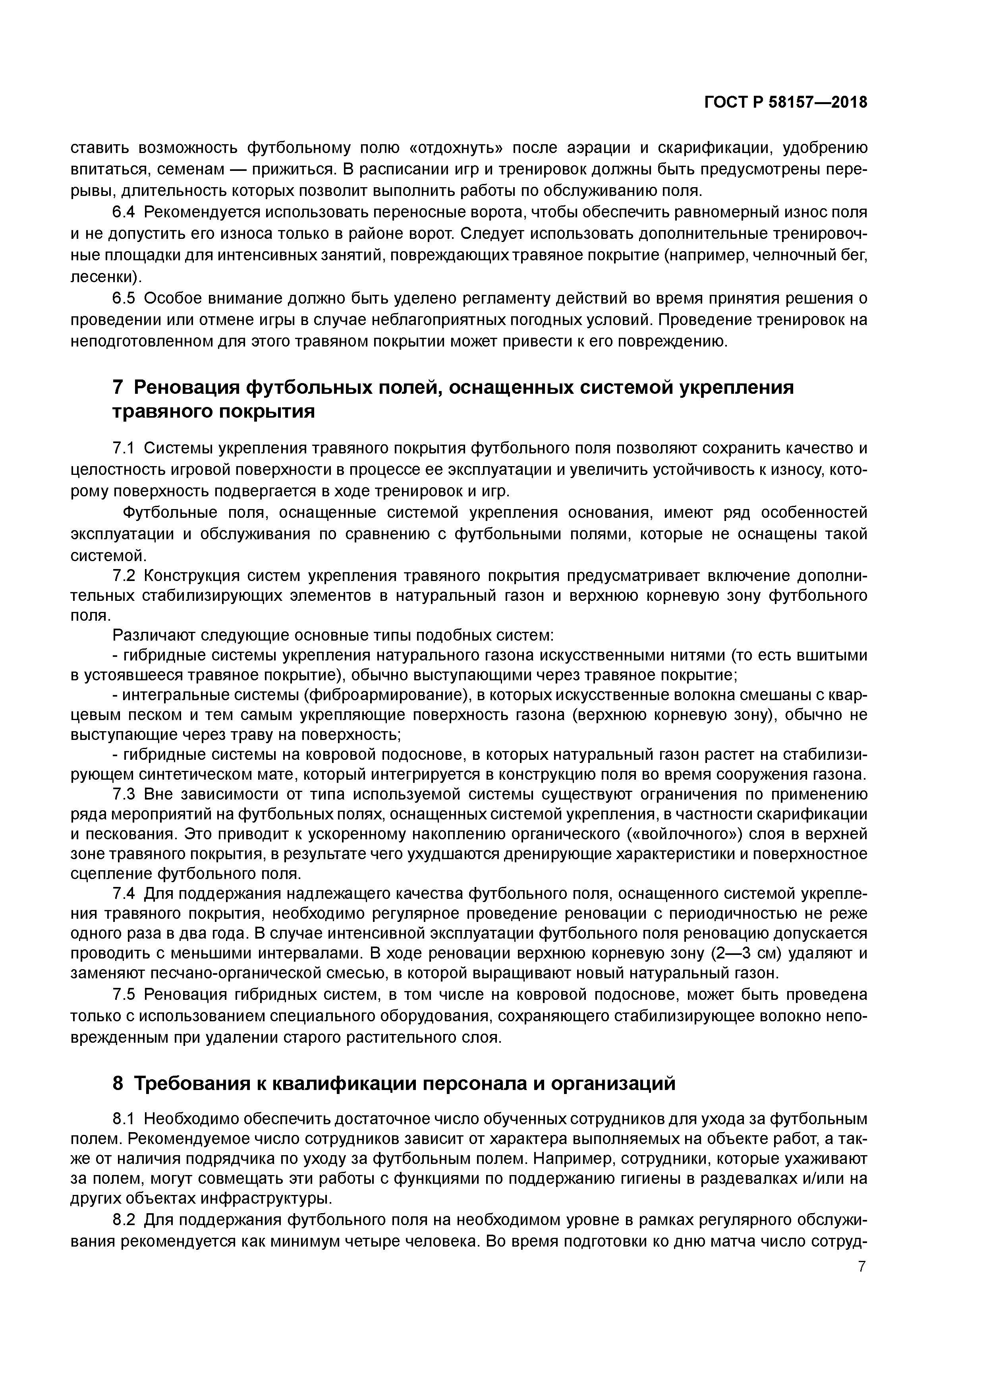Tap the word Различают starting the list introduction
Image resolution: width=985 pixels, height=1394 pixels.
(154, 635)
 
